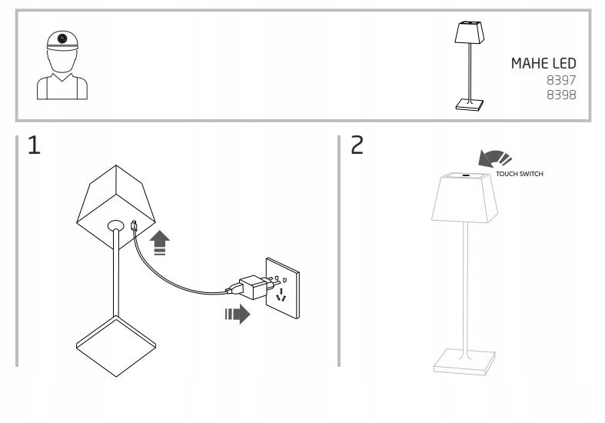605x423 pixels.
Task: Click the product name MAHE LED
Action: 543,64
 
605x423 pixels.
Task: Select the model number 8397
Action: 562,81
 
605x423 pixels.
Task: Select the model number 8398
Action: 562,95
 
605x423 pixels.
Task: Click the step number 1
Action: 34,146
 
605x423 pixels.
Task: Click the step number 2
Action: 357,146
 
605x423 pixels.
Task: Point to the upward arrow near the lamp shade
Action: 159,243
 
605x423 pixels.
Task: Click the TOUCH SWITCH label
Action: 519,175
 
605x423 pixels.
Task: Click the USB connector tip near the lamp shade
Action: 135,225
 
